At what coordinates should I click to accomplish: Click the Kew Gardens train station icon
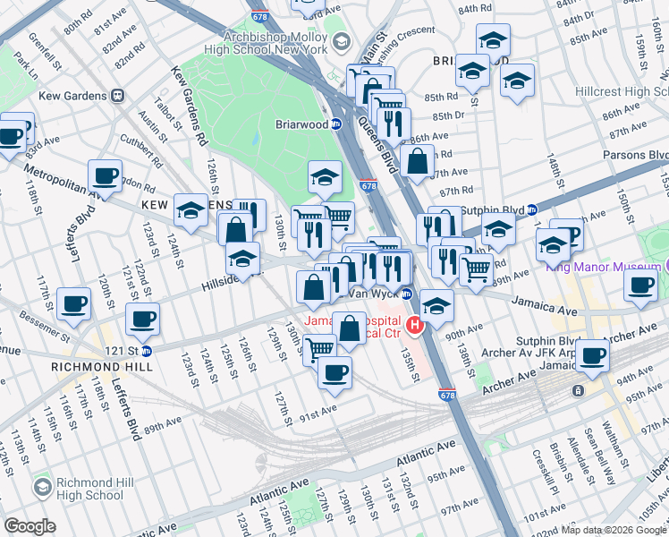117,96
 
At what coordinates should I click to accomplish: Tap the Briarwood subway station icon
336,125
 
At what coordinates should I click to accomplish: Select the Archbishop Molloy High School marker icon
341,42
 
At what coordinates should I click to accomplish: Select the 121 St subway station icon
148,349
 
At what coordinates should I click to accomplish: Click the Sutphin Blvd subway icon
532,210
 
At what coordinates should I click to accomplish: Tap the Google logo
30,526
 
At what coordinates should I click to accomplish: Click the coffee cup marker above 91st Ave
334,372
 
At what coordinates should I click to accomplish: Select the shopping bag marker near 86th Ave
417,162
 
